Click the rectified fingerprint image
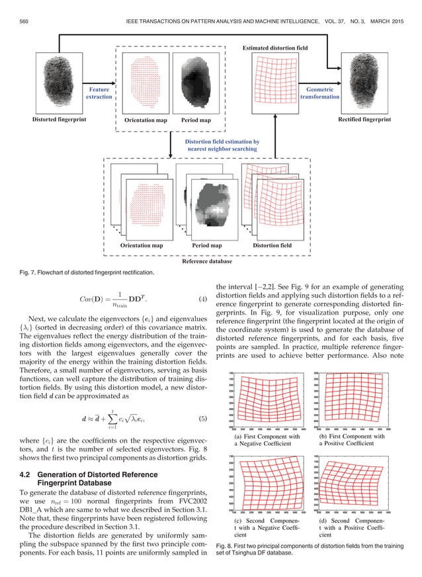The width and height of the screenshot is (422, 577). [364, 85]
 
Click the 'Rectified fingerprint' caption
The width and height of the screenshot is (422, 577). [364, 120]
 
